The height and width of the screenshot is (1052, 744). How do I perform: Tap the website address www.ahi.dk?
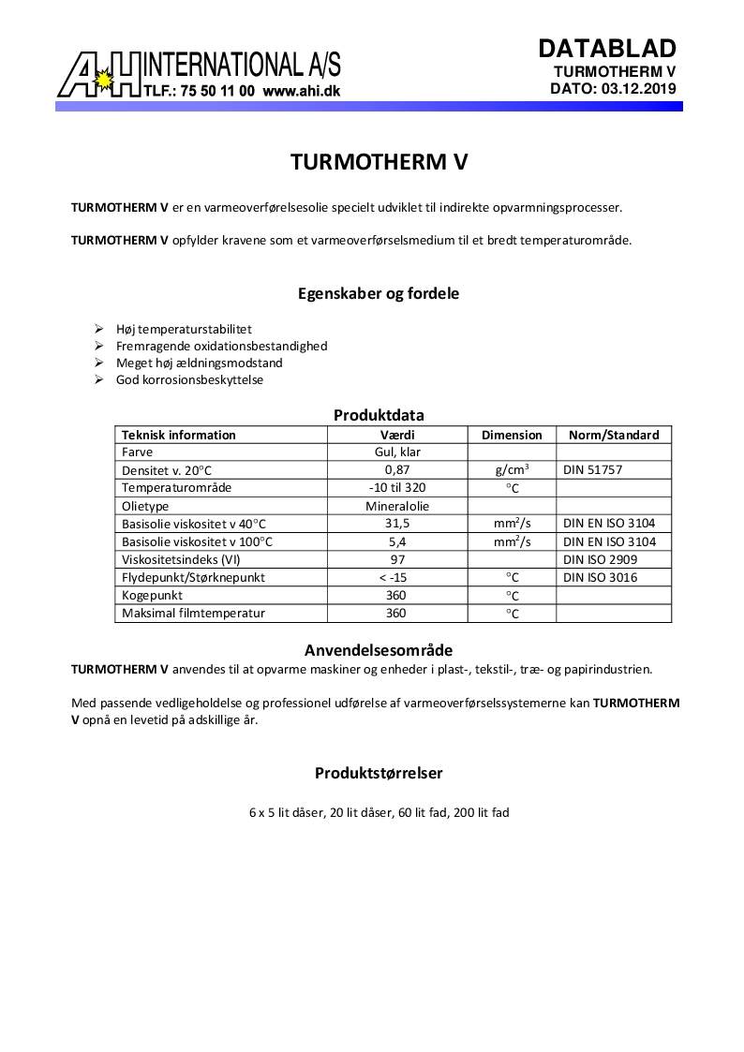tap(301, 92)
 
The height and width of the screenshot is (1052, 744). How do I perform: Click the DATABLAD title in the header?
tap(606, 49)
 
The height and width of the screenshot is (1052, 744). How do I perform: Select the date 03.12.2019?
tap(636, 89)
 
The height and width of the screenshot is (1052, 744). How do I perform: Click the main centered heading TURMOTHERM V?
tap(379, 161)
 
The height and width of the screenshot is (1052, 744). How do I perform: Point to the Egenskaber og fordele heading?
tap(379, 293)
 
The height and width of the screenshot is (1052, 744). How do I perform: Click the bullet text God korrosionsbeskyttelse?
tap(189, 379)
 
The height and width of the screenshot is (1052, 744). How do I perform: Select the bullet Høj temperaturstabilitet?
tap(184, 329)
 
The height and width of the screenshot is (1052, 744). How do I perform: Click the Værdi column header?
tap(397, 435)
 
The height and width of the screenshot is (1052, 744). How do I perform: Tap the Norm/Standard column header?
tap(614, 435)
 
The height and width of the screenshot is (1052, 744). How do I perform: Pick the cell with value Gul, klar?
tap(397, 452)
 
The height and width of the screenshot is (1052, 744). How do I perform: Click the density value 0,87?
tap(397, 470)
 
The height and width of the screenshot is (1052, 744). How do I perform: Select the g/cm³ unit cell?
tap(512, 470)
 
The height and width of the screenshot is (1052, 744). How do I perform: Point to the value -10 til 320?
tap(397, 488)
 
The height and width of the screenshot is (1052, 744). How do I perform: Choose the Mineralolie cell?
tap(397, 506)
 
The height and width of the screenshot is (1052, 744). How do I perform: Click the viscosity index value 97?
tap(397, 559)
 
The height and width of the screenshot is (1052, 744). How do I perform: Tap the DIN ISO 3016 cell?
tap(600, 577)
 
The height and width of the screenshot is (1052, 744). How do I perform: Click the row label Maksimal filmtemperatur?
tap(193, 613)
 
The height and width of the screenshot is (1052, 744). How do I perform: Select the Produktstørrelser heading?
tap(379, 773)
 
